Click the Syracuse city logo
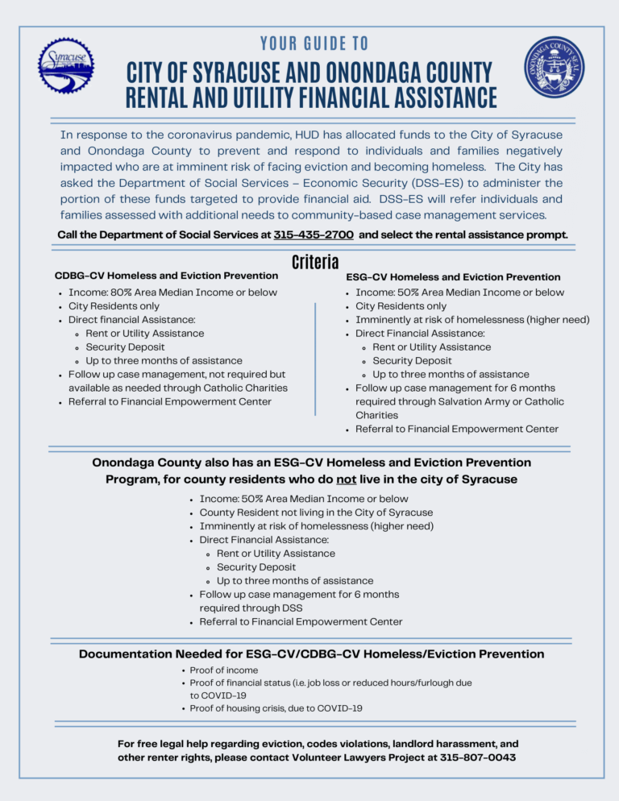click(67, 65)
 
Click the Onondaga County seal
click(554, 67)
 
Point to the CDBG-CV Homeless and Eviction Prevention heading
click(166, 276)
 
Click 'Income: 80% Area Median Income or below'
click(172, 293)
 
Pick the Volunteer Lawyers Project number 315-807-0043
click(478, 757)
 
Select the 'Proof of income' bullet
click(224, 670)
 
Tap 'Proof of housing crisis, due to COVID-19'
click(276, 708)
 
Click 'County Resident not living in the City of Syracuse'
click(316, 513)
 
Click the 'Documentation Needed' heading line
click(311, 654)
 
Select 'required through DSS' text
click(250, 608)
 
